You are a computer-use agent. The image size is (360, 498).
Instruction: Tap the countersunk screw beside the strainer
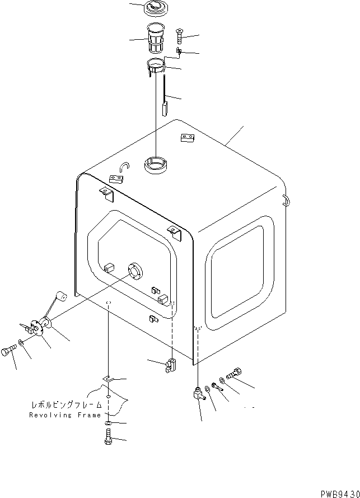coord(179,36)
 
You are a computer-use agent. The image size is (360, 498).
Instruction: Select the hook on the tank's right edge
coord(287,199)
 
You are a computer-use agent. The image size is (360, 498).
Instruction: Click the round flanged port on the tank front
coord(135,271)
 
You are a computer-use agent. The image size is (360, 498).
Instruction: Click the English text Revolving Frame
coord(66,415)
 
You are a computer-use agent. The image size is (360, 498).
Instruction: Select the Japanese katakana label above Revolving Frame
coord(66,404)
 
